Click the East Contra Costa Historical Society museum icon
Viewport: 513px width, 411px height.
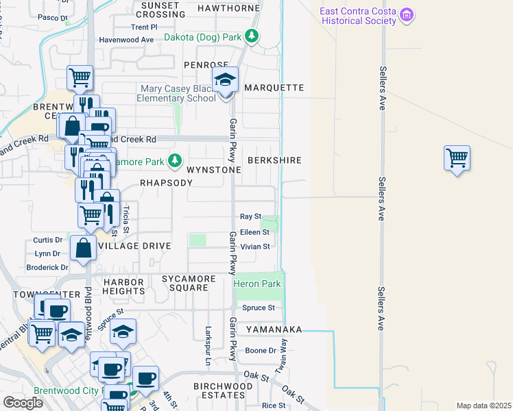pyautogui.click(x=407, y=15)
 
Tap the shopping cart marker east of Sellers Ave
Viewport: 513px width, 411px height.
pyautogui.click(x=457, y=159)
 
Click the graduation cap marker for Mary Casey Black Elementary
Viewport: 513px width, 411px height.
pyautogui.click(x=224, y=82)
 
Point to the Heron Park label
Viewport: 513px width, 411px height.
pyautogui.click(x=257, y=284)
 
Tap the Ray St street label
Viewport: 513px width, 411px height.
pyautogui.click(x=250, y=216)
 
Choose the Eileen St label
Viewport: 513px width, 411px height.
pyautogui.click(x=254, y=232)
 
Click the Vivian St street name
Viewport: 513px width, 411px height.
pyautogui.click(x=255, y=246)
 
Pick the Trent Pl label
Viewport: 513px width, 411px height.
pyautogui.click(x=145, y=27)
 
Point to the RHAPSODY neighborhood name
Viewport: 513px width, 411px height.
pyautogui.click(x=166, y=183)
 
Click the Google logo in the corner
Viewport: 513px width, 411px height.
pyautogui.click(x=23, y=403)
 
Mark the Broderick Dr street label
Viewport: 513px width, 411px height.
pyautogui.click(x=47, y=267)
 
